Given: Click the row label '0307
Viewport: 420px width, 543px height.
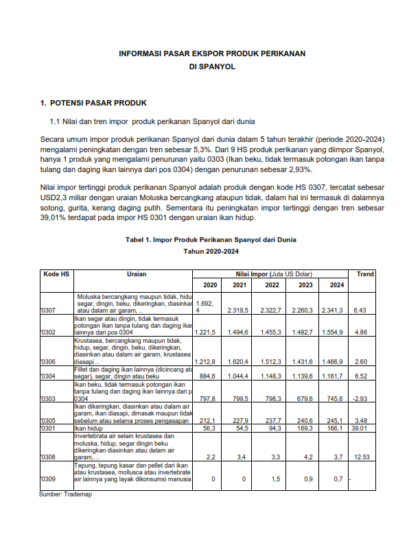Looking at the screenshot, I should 48,311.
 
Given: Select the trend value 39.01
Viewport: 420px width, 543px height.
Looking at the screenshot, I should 364,429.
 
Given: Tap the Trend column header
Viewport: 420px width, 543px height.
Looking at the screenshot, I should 365,274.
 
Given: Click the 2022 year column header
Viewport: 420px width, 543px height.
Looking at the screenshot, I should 272,285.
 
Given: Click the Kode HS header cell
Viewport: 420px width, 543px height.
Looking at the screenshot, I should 56,274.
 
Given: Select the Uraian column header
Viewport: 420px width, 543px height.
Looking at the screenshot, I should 137,274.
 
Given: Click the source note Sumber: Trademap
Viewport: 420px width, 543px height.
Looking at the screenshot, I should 65,494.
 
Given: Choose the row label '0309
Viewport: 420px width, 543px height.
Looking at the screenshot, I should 48,479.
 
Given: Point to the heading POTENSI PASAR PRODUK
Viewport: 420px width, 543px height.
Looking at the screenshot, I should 98,104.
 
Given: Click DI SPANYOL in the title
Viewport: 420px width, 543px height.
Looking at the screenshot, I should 212,67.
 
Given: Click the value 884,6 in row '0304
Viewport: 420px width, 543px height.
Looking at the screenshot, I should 207,376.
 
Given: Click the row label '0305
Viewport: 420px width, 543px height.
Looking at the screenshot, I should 48,420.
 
